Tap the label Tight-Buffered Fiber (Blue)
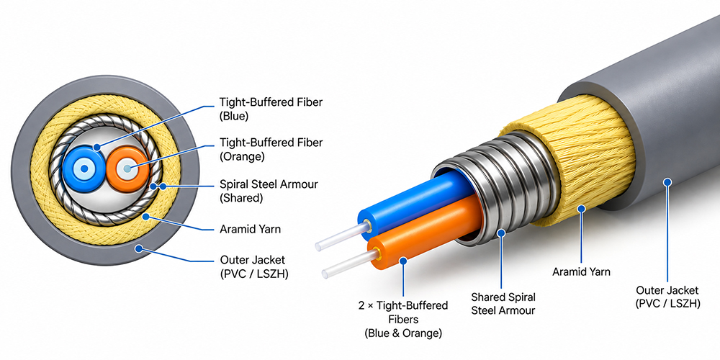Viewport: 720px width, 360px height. click(271, 109)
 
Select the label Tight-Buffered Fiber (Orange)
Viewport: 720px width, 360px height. click(271, 149)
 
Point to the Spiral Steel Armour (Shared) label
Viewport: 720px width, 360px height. click(269, 191)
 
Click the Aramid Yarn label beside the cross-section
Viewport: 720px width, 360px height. click(251, 229)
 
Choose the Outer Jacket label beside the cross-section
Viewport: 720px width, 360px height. click(254, 267)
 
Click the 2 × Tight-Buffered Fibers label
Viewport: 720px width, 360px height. click(403, 319)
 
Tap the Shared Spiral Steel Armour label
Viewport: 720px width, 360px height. click(503, 304)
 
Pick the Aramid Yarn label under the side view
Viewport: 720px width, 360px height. click(581, 272)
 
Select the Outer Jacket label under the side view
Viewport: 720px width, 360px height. click(667, 297)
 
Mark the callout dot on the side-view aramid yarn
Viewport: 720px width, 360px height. click(581, 209)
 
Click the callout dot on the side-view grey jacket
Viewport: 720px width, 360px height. click(667, 182)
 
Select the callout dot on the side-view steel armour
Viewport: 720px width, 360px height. click(501, 233)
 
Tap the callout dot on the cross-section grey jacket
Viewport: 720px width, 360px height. click(138, 249)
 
